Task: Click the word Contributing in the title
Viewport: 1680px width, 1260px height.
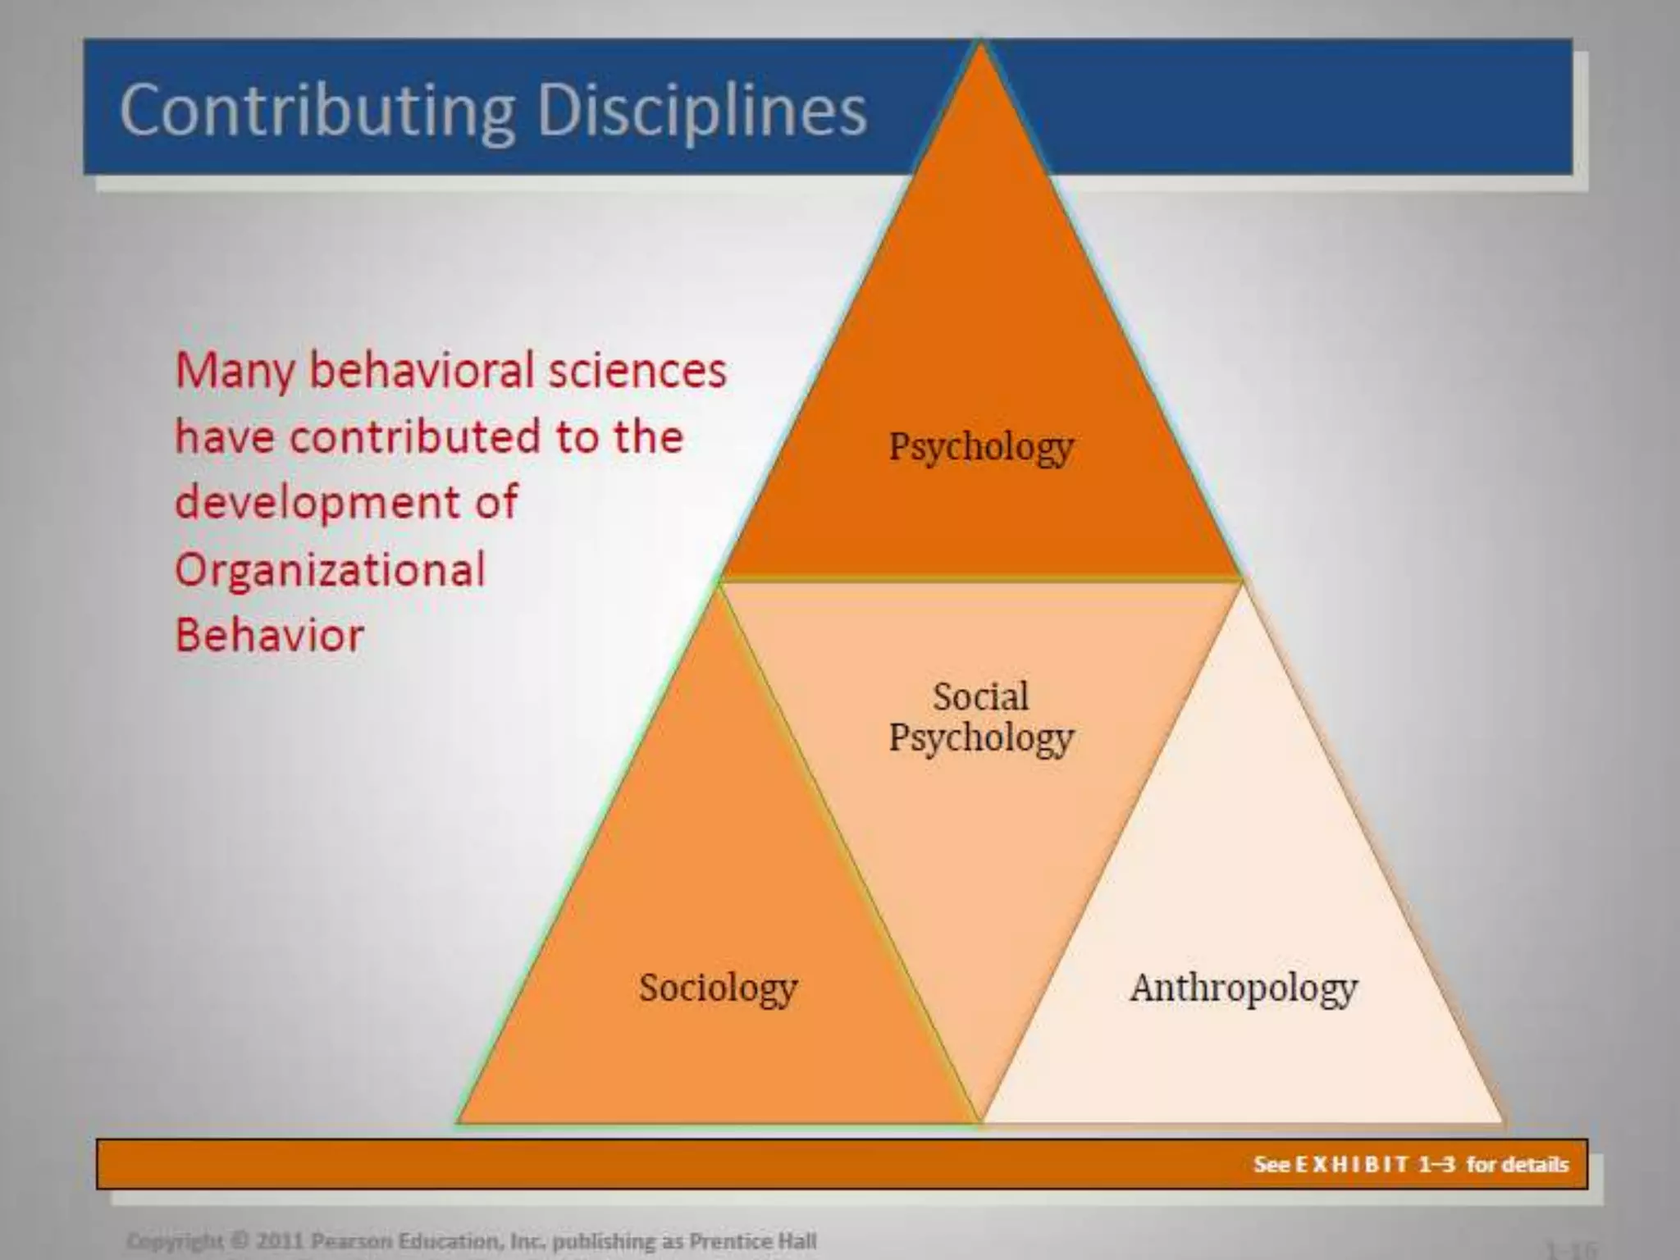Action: (317, 111)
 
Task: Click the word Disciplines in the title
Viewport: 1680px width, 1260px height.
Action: (701, 111)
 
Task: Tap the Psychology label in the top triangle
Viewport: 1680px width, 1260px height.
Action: (981, 448)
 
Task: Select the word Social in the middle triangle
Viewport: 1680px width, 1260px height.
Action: (980, 697)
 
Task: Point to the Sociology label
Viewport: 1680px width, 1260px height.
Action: (718, 988)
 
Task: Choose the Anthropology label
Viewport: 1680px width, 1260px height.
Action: (1243, 988)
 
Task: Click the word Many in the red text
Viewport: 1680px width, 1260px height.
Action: (234, 371)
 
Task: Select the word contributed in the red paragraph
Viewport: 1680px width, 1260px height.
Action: (415, 436)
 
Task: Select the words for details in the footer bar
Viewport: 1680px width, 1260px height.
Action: (1517, 1165)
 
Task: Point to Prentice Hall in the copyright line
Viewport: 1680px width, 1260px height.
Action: (752, 1241)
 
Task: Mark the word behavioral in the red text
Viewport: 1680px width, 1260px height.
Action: (422, 371)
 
